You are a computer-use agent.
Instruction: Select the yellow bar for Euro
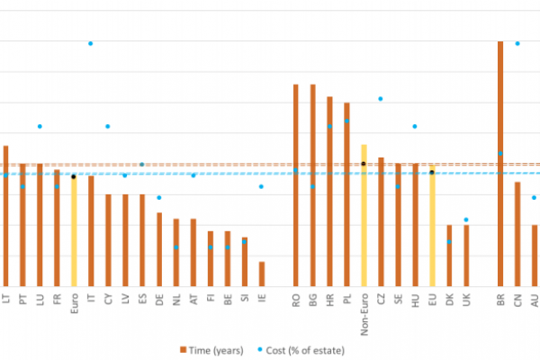[x=73, y=229]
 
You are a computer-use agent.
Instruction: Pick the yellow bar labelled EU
[x=432, y=225]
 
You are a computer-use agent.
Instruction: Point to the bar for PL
[x=346, y=193]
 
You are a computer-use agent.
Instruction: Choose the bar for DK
[x=449, y=255]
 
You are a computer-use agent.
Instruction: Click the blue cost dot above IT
[x=91, y=43]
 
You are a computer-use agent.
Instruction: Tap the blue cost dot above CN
[x=517, y=43]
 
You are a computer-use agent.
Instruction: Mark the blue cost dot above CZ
[x=381, y=98]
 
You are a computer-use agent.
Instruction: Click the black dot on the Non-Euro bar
[x=364, y=164]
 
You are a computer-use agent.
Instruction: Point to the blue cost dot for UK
[x=466, y=220]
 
